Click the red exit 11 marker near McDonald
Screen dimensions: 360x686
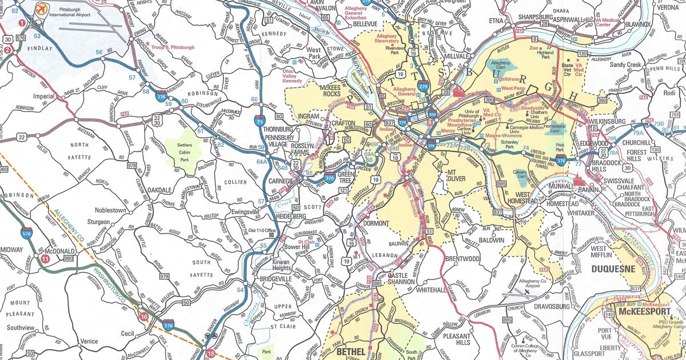point(45,258)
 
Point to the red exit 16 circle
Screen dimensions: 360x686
point(143,316)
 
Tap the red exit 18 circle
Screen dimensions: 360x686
point(213,353)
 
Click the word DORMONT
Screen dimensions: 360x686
point(376,223)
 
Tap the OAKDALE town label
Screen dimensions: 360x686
point(159,190)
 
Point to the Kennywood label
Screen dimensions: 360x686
point(624,229)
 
